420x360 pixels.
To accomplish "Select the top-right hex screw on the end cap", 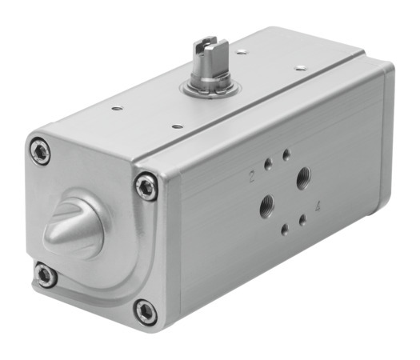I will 146,188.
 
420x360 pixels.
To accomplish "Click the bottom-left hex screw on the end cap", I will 46,276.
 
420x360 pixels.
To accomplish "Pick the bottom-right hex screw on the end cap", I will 146,310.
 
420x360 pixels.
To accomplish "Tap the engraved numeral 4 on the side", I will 318,206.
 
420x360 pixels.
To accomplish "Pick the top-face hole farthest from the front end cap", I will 301,69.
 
